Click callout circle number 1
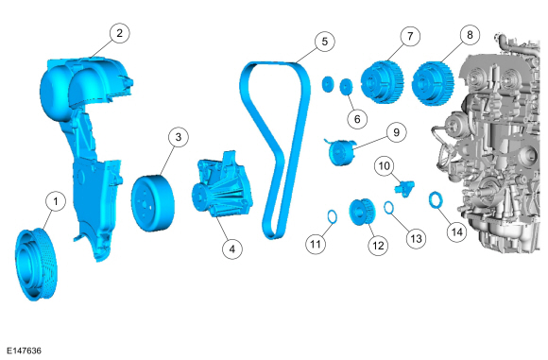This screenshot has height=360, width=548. [56, 201]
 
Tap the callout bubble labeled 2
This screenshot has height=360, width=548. [120, 33]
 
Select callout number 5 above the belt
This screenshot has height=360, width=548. [325, 42]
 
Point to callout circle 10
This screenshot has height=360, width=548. [385, 165]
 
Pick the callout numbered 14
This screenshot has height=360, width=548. [457, 232]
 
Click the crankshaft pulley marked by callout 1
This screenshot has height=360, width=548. [36, 264]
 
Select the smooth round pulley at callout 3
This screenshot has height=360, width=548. [153, 203]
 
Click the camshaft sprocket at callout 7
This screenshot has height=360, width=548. [383, 82]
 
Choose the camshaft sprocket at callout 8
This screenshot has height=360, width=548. [434, 83]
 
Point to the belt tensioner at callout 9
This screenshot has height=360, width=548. [340, 152]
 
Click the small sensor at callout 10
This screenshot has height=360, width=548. [404, 188]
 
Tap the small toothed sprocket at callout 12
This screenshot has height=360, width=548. [362, 212]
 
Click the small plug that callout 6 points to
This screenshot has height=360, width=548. [346, 86]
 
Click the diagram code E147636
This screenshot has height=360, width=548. [25, 351]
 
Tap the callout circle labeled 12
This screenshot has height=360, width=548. [378, 246]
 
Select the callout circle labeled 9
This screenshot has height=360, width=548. [396, 132]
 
